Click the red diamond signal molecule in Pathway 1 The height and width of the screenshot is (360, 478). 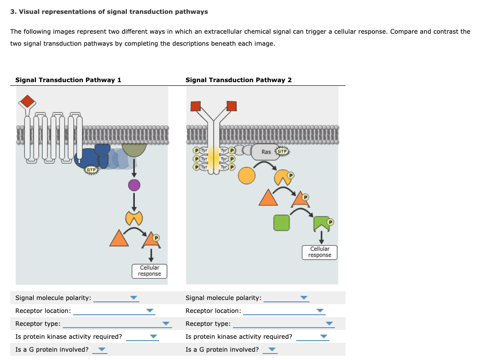[28, 101]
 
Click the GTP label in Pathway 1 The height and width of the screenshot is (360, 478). [91, 170]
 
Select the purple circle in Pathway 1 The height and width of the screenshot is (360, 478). [134, 186]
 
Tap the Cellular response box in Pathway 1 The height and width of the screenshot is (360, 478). [149, 271]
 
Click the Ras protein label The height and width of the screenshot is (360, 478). [266, 152]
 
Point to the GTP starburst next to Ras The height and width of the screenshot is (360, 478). [282, 151]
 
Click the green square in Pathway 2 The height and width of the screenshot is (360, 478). [281, 222]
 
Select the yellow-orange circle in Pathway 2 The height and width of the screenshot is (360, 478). [247, 176]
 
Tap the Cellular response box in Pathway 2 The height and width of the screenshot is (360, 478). [320, 252]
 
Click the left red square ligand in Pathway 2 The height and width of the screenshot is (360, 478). [196, 106]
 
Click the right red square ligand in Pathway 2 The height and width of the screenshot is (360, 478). [231, 106]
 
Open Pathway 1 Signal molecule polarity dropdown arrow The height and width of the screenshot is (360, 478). [134, 298]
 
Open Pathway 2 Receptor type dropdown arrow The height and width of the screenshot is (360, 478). [329, 324]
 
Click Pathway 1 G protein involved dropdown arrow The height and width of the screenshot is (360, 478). [102, 350]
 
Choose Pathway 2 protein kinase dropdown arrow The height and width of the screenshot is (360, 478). [324, 337]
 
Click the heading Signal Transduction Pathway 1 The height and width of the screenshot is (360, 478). [68, 80]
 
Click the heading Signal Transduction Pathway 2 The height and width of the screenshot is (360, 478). [239, 80]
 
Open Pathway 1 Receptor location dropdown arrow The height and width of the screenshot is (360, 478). [149, 311]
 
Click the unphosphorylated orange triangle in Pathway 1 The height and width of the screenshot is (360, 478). [119, 238]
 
